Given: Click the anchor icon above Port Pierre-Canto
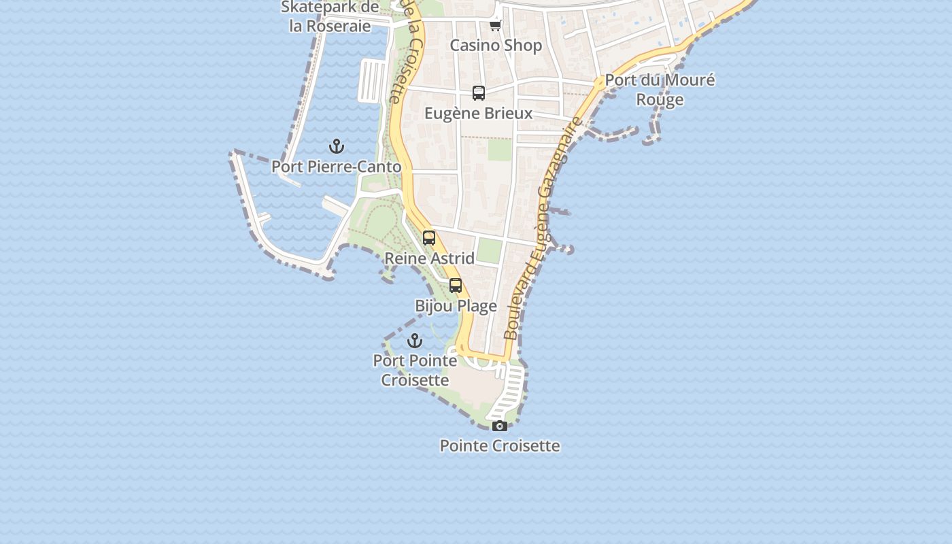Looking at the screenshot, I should [337, 146].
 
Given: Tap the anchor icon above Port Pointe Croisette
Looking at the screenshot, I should [415, 341].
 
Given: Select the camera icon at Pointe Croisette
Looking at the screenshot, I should [500, 426].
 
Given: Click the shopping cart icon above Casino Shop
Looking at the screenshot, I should [495, 25].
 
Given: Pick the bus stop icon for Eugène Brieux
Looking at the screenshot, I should [479, 93].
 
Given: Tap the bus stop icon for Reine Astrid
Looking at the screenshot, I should [429, 238].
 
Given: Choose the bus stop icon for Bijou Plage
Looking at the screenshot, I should [456, 286].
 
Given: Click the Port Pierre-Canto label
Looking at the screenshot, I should [337, 167].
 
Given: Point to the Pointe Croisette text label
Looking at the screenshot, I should [500, 446].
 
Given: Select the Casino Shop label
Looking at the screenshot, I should [496, 46].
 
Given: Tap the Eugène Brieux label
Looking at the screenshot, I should [479, 113].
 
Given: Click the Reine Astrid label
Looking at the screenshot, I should [429, 258].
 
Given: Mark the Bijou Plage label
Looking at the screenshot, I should [456, 306].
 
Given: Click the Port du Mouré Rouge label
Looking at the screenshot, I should [660, 90].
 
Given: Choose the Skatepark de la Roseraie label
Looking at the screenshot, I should [330, 17].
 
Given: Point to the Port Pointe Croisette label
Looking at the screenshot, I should [415, 370].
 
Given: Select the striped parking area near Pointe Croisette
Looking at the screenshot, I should [509, 394].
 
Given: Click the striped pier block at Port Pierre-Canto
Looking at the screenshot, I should [371, 80].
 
